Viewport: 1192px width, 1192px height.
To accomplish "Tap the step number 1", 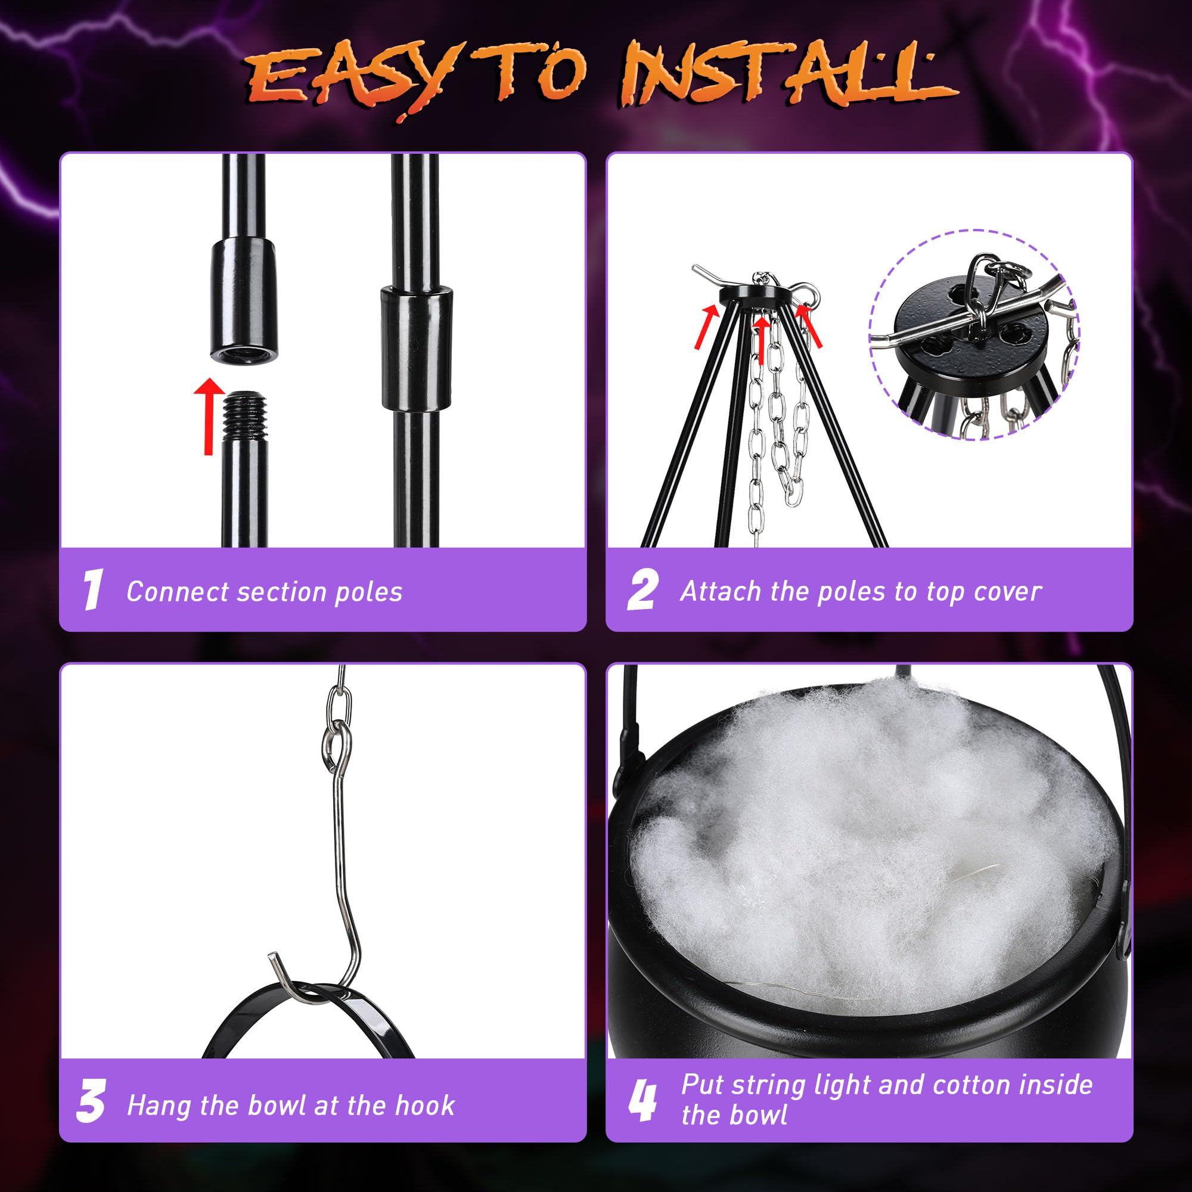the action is pyautogui.click(x=92, y=591).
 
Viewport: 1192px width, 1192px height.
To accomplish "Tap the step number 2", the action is pyautogui.click(x=643, y=591).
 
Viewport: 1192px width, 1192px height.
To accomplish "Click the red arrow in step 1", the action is pyautogui.click(x=209, y=417).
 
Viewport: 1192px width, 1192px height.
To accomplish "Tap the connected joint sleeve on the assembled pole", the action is pyautogui.click(x=417, y=349).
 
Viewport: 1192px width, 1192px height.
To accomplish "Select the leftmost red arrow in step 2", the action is pyautogui.click(x=709, y=327).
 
